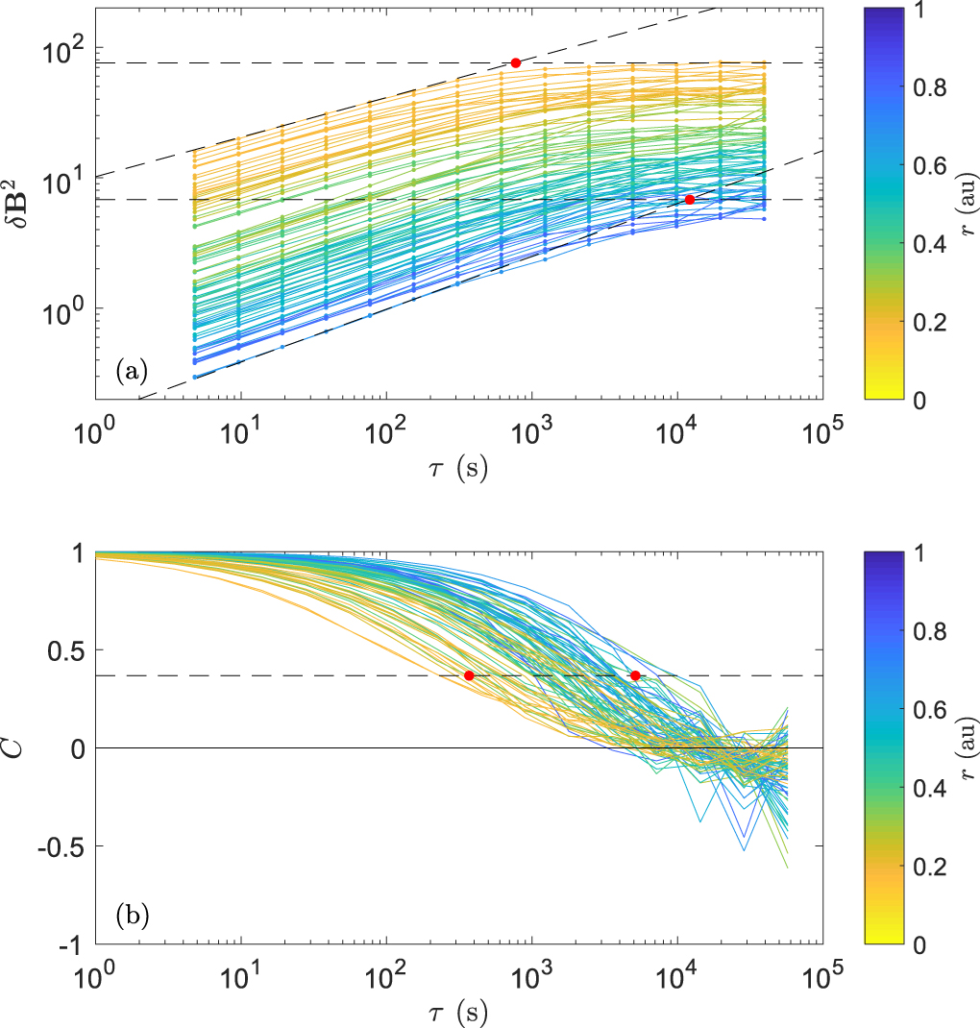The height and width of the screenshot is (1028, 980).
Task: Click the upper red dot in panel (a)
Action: [516, 62]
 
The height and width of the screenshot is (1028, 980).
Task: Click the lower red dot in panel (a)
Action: [690, 199]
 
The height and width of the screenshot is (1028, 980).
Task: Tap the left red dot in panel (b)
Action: [469, 675]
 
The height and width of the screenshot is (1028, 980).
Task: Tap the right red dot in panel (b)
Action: [635, 675]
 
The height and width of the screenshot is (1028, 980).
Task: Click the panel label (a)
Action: [132, 370]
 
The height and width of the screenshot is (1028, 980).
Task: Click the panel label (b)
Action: [132, 915]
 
